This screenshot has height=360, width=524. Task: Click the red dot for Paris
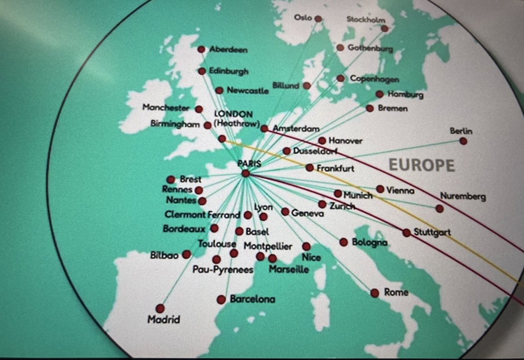tap(245, 173)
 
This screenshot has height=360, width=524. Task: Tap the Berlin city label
tap(463, 131)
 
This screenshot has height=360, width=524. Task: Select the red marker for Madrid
tap(160, 308)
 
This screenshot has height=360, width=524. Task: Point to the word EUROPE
tap(421, 165)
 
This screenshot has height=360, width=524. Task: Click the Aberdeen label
tap(228, 50)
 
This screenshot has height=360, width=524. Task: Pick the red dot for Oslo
tap(318, 19)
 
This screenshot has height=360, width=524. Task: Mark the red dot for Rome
tap(375, 293)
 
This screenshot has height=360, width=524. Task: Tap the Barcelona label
tap(252, 300)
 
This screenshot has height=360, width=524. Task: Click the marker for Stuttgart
tap(407, 232)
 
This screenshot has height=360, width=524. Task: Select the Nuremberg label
tap(463, 197)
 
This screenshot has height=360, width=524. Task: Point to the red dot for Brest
tap(171, 180)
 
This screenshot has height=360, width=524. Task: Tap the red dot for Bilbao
tap(187, 254)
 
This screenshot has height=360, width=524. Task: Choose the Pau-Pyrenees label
tap(223, 270)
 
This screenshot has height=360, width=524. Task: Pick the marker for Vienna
tap(380, 189)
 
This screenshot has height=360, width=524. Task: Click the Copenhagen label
tap(374, 80)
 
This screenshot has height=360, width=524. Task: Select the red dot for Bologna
tap(344, 242)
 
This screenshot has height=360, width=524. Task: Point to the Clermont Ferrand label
tap(202, 215)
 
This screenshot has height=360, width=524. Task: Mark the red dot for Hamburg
tap(380, 94)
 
